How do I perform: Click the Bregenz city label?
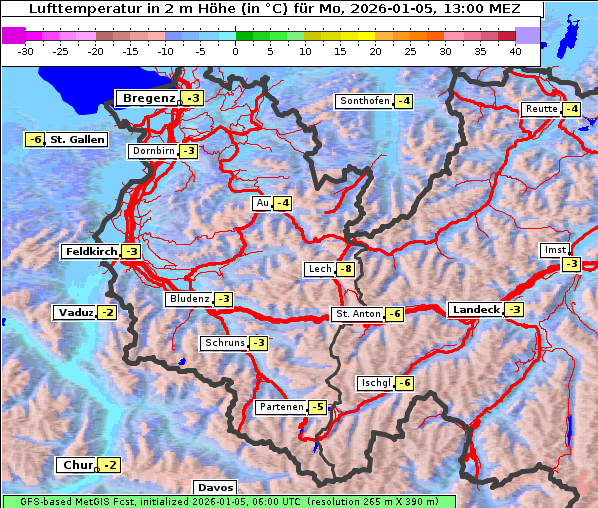click(148, 98)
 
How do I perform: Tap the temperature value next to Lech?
click(346, 269)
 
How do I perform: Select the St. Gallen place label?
click(77, 140)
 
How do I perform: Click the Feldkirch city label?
click(90, 252)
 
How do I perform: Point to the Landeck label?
click(475, 310)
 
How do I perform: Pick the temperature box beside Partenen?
click(317, 407)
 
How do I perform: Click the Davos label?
click(216, 488)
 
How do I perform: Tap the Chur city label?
click(76, 466)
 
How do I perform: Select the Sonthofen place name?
click(364, 101)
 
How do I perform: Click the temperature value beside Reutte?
click(571, 109)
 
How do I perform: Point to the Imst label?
click(553, 249)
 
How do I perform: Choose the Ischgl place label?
click(376, 383)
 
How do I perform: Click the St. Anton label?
click(357, 314)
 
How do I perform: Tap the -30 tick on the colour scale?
click(26, 50)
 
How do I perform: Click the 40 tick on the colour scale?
click(515, 50)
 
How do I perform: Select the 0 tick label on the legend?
click(235, 50)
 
